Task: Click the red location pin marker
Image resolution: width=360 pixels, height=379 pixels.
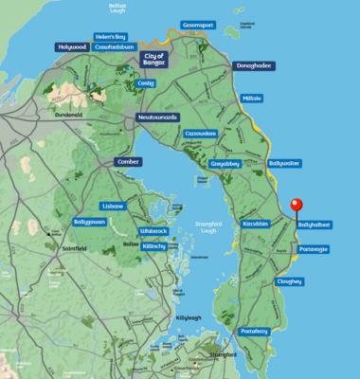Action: coord(296,206)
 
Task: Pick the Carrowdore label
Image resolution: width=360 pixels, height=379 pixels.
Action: coord(201,134)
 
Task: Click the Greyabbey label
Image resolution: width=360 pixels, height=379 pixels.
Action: coord(224,163)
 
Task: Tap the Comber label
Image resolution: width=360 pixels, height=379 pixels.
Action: coord(128,162)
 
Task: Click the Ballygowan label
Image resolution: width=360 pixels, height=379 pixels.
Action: coord(64,222)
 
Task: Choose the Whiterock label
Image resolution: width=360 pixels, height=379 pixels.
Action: coord(153,230)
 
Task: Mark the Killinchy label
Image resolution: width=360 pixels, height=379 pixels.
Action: coord(154,244)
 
